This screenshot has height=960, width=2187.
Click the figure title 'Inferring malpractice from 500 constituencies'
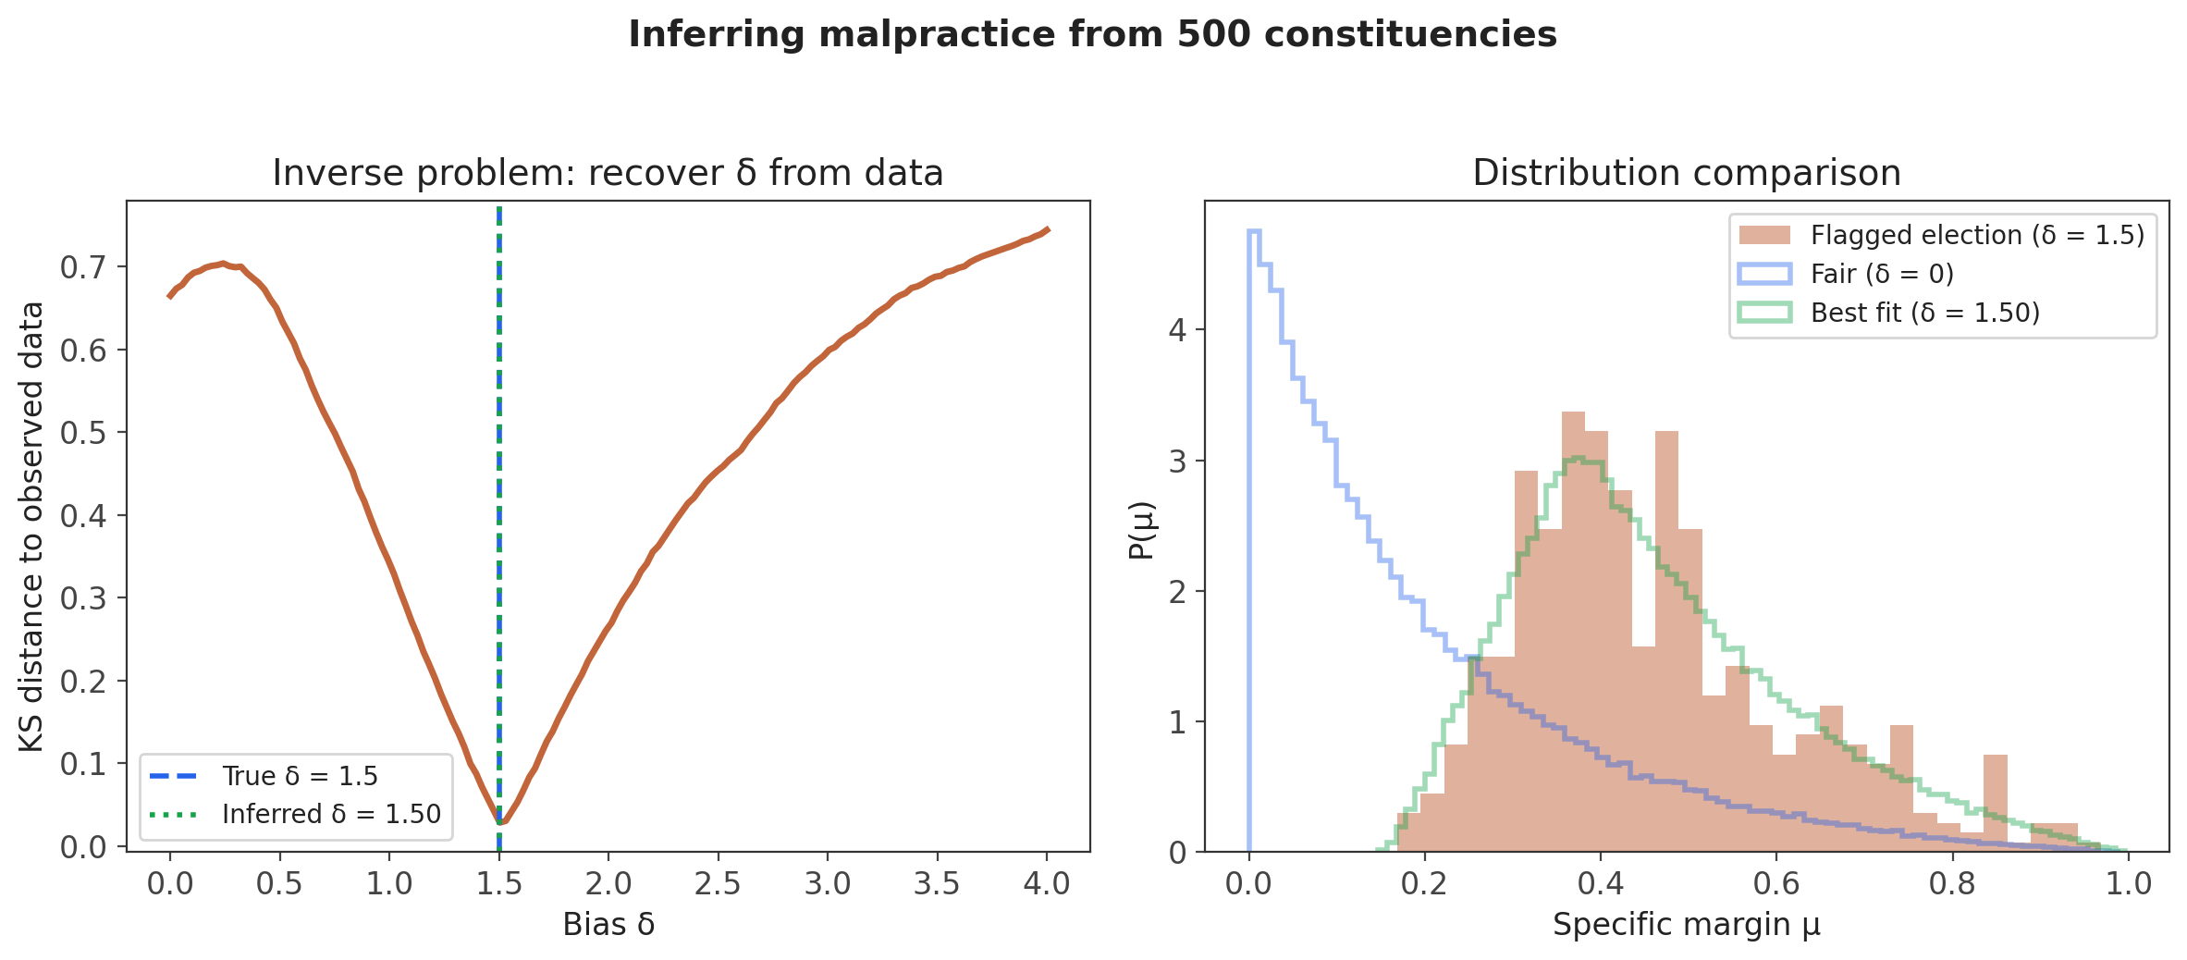click(x=1092, y=35)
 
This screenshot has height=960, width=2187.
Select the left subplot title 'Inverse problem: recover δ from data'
click(x=608, y=173)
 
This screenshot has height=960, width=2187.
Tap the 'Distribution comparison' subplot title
click(x=1686, y=173)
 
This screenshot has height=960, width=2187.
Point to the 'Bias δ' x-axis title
click(x=608, y=924)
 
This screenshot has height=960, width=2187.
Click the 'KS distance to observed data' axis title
click(x=31, y=526)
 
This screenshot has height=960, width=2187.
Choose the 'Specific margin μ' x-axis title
click(x=1686, y=924)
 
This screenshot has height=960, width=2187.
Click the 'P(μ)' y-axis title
click(x=1142, y=530)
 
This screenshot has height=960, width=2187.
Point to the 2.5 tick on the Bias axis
click(x=718, y=883)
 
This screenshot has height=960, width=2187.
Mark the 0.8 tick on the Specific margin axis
click(x=1952, y=883)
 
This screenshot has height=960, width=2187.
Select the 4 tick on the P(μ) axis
click(x=1177, y=330)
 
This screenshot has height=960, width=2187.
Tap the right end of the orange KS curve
click(x=1047, y=228)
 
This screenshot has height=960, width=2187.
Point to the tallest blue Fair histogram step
click(x=1254, y=231)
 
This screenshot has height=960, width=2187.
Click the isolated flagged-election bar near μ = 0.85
click(x=1996, y=800)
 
